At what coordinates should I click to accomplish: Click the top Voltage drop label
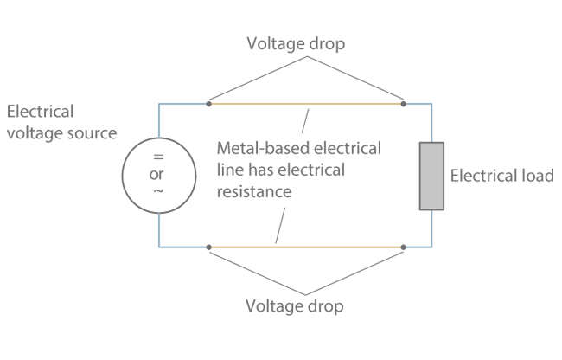[x=295, y=42]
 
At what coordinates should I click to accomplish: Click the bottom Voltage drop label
[x=295, y=306]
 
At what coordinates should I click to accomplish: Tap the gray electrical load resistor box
[x=431, y=177]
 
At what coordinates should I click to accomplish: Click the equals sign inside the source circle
[x=158, y=157]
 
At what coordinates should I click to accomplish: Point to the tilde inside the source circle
[x=158, y=192]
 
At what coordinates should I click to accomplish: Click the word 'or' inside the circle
[x=158, y=174]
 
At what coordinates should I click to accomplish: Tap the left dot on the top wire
[x=209, y=104]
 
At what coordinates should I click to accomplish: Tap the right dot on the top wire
[x=404, y=104]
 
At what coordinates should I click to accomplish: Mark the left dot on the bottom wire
[x=209, y=247]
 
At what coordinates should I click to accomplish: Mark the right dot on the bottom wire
[x=404, y=247]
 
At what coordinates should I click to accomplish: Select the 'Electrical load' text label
[x=501, y=177]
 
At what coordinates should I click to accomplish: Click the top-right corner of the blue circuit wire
[x=431, y=104]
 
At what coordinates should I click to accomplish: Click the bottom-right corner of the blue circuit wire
[x=431, y=247]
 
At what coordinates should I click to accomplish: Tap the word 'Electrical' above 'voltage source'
[x=40, y=112]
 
